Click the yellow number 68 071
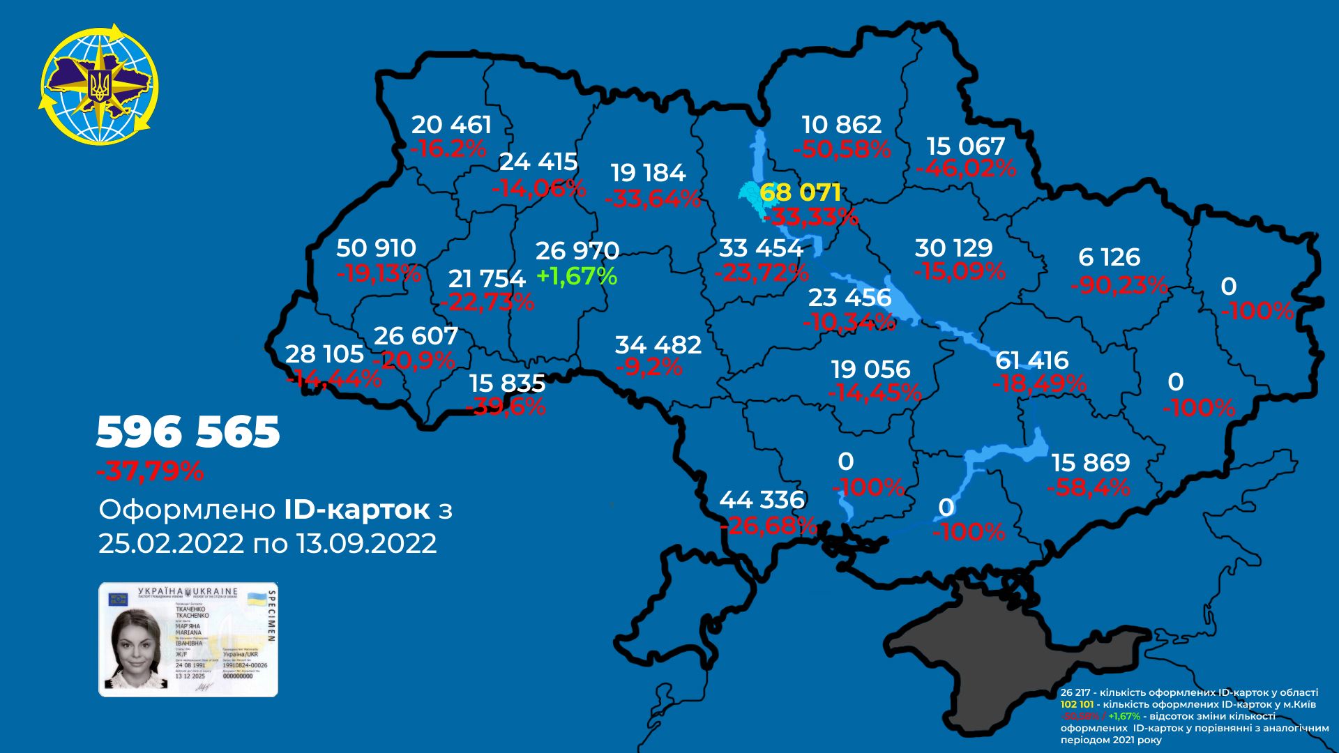coord(800,192)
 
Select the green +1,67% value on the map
coord(577,277)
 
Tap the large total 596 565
coord(188,432)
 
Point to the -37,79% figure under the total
coord(151,472)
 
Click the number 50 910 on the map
coord(376,248)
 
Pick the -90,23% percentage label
coord(1119,285)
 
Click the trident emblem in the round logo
coord(100,85)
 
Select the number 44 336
coord(762,500)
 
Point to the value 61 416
coord(1031,360)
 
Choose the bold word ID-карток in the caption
coord(356,510)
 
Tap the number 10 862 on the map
coord(842,125)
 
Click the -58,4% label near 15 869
coord(1089,487)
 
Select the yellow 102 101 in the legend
coord(1077,704)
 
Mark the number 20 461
coord(451,125)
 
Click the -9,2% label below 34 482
coord(649,367)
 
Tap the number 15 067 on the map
coord(966,146)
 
